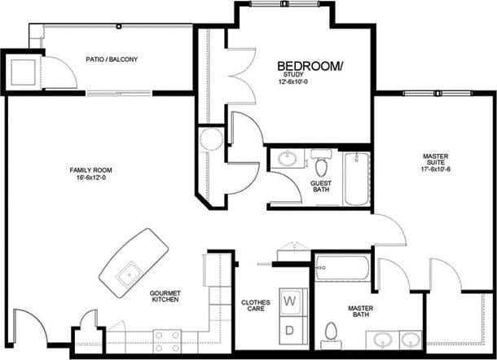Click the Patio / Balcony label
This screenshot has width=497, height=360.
pyautogui.click(x=112, y=59)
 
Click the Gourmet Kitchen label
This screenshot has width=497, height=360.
pyautogui.click(x=165, y=297)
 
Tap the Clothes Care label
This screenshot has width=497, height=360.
pyautogui.click(x=255, y=307)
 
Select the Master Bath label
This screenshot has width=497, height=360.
pyautogui.click(x=361, y=312)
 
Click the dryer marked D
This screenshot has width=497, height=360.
pyautogui.click(x=289, y=329)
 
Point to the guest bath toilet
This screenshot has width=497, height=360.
pyautogui.click(x=322, y=166)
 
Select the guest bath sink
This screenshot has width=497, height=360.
pyautogui.click(x=287, y=158)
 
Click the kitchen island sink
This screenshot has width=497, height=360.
pyautogui.click(x=127, y=273)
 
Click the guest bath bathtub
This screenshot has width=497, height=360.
pyautogui.click(x=356, y=178)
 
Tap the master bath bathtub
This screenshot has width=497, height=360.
pyautogui.click(x=342, y=267)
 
